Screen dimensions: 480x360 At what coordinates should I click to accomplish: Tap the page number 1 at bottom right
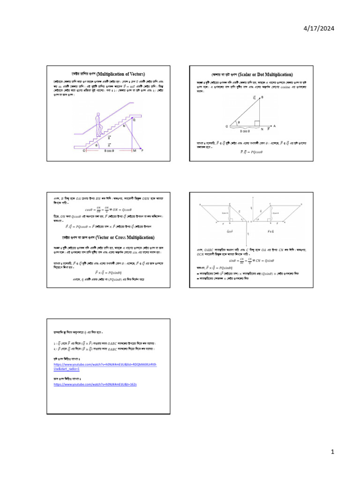coord(331,452)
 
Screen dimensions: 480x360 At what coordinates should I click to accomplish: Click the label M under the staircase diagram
coord(134,151)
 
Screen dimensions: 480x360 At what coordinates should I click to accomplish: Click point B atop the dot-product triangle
coord(262,97)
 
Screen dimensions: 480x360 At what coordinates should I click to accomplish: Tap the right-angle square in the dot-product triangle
coord(257,123)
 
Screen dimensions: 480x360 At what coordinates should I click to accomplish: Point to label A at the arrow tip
coord(274,126)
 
